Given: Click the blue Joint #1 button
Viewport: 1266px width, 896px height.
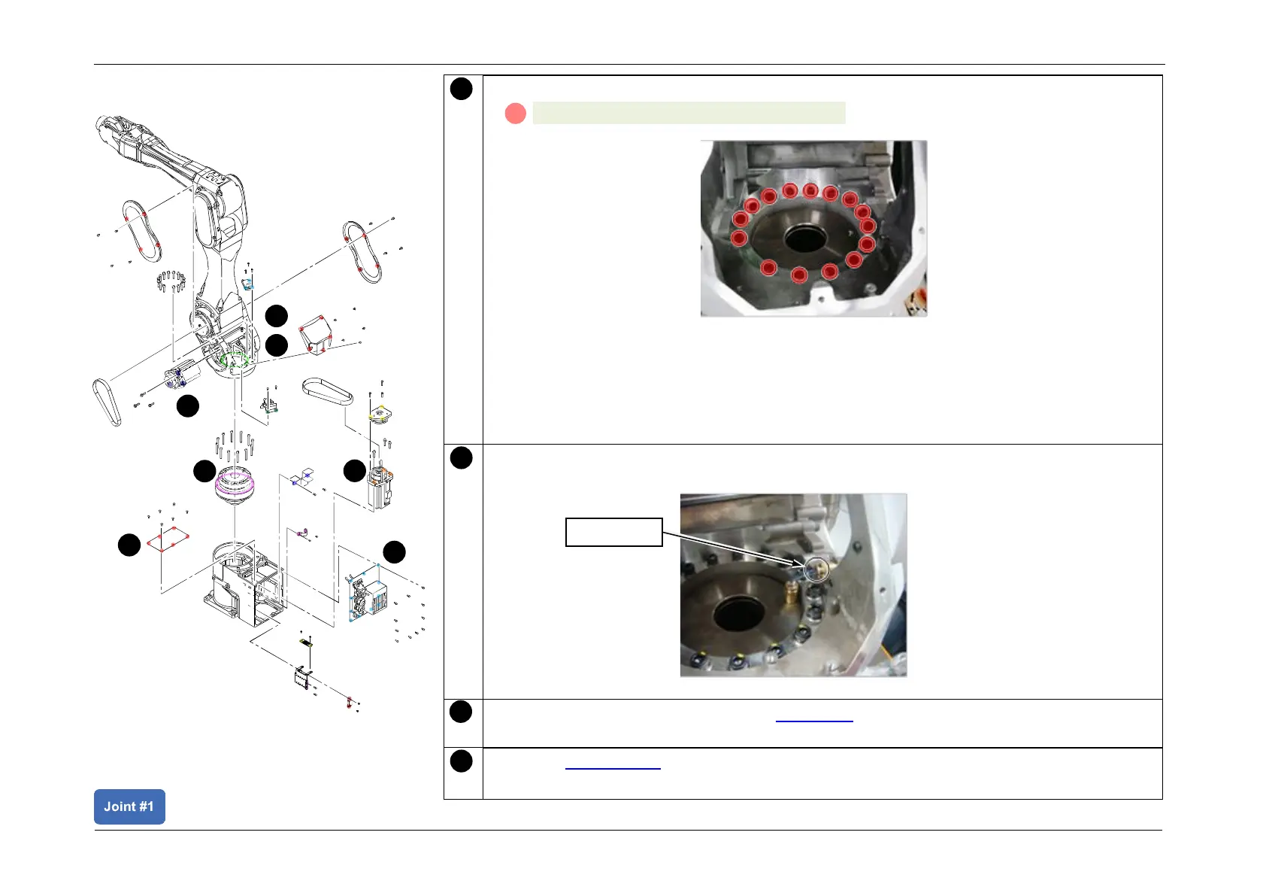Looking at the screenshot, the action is [x=129, y=806].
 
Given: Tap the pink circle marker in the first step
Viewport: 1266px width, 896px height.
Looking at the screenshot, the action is [x=515, y=114].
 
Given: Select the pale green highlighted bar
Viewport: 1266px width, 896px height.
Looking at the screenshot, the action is [x=689, y=113].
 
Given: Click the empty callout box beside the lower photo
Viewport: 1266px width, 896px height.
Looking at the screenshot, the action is [x=613, y=532].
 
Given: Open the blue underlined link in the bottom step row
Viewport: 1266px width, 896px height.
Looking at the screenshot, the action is [x=612, y=767].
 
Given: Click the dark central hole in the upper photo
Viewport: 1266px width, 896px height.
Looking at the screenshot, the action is [x=805, y=239].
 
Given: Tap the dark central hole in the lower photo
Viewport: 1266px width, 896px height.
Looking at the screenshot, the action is [x=739, y=614].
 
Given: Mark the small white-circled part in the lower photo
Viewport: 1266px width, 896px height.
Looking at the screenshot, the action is [x=816, y=569].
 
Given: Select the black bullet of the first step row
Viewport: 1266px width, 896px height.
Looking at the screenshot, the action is [x=461, y=89].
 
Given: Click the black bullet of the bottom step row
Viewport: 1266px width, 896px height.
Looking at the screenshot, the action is [x=461, y=761].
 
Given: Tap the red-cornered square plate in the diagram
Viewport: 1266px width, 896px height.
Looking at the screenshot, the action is [x=167, y=539].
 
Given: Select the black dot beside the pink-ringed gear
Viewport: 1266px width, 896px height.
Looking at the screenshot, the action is [x=204, y=472].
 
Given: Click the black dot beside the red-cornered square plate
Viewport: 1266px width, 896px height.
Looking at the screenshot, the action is [x=129, y=545].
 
